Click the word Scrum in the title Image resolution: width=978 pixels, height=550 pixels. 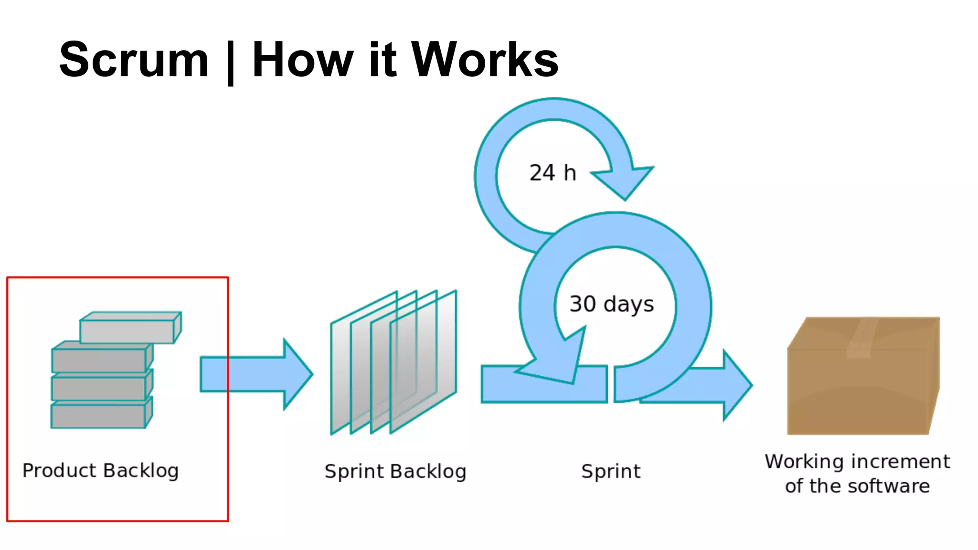[x=134, y=60]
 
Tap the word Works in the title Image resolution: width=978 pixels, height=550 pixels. [x=485, y=60]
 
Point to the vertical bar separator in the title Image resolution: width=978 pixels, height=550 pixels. [x=230, y=62]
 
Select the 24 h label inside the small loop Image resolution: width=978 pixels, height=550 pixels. [x=553, y=173]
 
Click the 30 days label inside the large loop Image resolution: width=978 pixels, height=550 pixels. [x=611, y=304]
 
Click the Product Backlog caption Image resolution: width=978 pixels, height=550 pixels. [x=101, y=471]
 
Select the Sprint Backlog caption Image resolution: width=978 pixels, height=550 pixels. [x=395, y=472]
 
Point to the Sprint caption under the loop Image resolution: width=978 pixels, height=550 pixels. [x=611, y=472]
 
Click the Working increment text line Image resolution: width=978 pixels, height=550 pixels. [x=857, y=462]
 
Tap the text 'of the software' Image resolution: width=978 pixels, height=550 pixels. [x=857, y=486]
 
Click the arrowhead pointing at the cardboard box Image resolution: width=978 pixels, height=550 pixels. [x=735, y=385]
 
